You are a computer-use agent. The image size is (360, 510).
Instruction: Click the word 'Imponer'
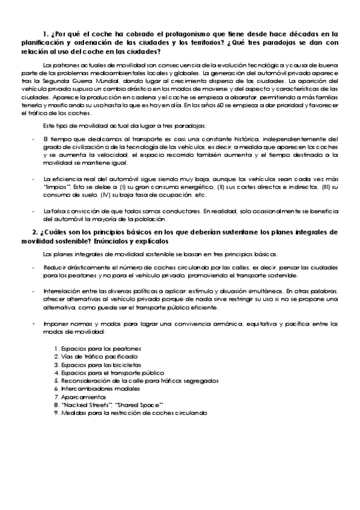[x=56, y=323]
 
